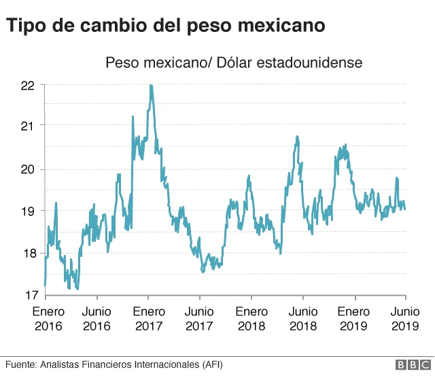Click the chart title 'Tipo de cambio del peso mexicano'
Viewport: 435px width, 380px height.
[166, 26]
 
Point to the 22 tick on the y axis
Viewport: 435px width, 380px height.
[28, 86]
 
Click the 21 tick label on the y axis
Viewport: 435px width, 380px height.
[28, 126]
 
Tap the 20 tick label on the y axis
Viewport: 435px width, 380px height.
[28, 169]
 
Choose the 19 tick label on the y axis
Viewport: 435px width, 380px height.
[28, 211]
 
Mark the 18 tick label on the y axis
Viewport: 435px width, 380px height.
[28, 254]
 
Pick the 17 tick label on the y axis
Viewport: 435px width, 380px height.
[28, 296]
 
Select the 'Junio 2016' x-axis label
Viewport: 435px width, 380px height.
[97, 318]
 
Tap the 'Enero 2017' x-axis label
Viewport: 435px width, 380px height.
[148, 318]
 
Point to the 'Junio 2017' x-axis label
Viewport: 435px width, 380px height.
[199, 318]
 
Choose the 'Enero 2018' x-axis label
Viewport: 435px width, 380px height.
[251, 318]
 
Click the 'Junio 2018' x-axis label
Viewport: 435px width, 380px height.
[302, 318]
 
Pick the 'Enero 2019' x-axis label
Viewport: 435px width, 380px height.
[354, 318]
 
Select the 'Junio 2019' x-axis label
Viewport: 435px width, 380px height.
[405, 318]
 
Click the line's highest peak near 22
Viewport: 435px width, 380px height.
[150, 86]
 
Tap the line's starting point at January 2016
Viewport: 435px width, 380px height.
[45, 285]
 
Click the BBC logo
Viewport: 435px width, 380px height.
[408, 365]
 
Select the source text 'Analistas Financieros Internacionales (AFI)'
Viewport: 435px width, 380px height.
[130, 364]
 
